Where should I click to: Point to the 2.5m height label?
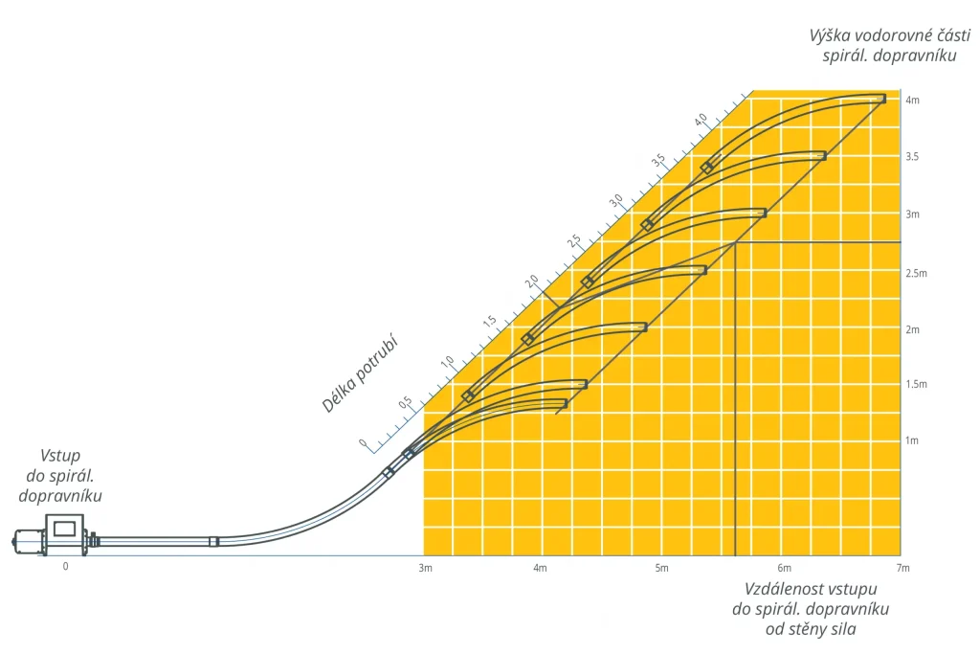[x=916, y=274]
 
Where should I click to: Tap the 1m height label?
[x=912, y=440]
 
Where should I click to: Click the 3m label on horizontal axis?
[x=426, y=569]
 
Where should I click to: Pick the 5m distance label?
[x=661, y=569]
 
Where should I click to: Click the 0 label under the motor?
[x=66, y=566]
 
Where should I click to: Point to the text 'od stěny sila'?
[x=812, y=629]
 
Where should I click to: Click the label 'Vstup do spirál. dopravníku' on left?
[x=60, y=476]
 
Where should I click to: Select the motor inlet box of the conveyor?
[x=64, y=529]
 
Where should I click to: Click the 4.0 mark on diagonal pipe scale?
[x=702, y=119]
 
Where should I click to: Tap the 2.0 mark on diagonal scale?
[x=531, y=281]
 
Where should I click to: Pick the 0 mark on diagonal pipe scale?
[x=363, y=443]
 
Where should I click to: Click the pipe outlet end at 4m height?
[x=881, y=98]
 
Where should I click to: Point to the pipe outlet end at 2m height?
[x=643, y=327]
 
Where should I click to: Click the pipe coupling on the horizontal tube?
[x=213, y=542]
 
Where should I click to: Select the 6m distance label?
[x=784, y=569]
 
